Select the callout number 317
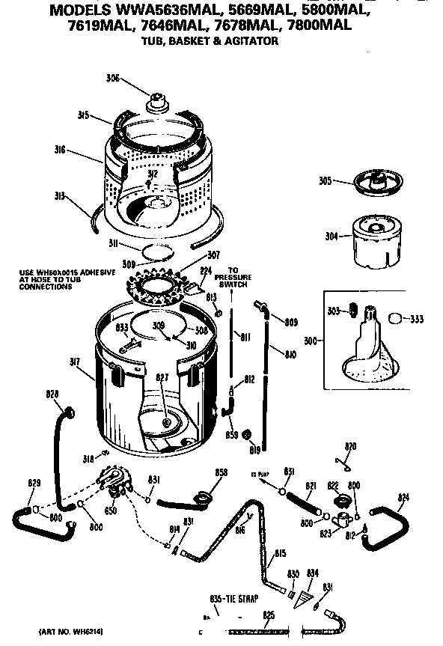[x=76, y=362]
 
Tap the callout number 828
[x=52, y=394]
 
